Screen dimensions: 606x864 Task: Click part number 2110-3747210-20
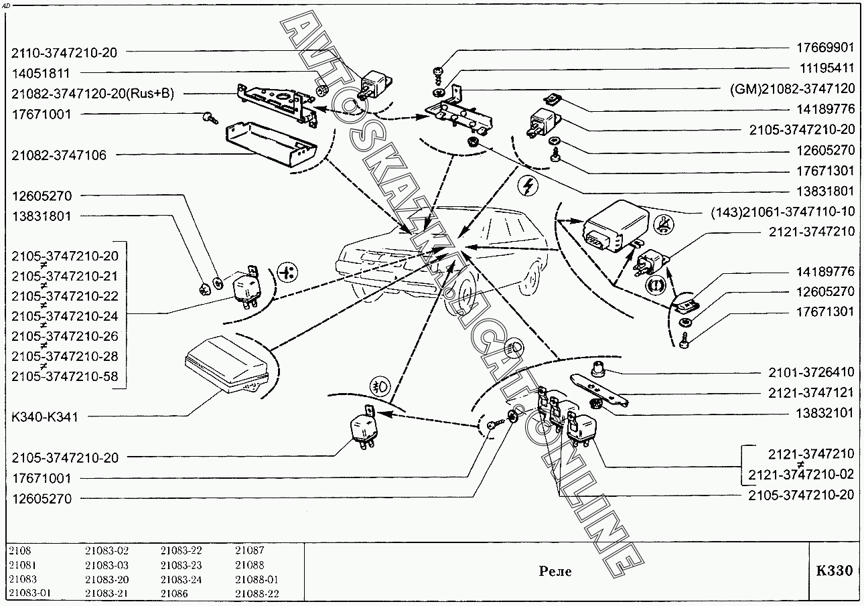64,52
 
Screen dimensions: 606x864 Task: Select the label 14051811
45,73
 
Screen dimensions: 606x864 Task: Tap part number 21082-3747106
58,155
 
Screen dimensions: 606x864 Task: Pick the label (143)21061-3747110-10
782,212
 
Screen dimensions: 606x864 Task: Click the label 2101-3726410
811,372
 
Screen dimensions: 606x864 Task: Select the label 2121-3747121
811,393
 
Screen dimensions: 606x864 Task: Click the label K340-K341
45,417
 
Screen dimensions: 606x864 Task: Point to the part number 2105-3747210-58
64,376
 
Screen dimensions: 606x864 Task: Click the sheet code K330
835,571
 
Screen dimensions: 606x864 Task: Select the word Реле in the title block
555,571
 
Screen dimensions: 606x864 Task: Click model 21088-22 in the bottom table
257,594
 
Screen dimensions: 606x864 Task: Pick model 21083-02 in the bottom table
106,550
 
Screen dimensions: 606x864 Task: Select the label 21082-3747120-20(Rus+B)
92,94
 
